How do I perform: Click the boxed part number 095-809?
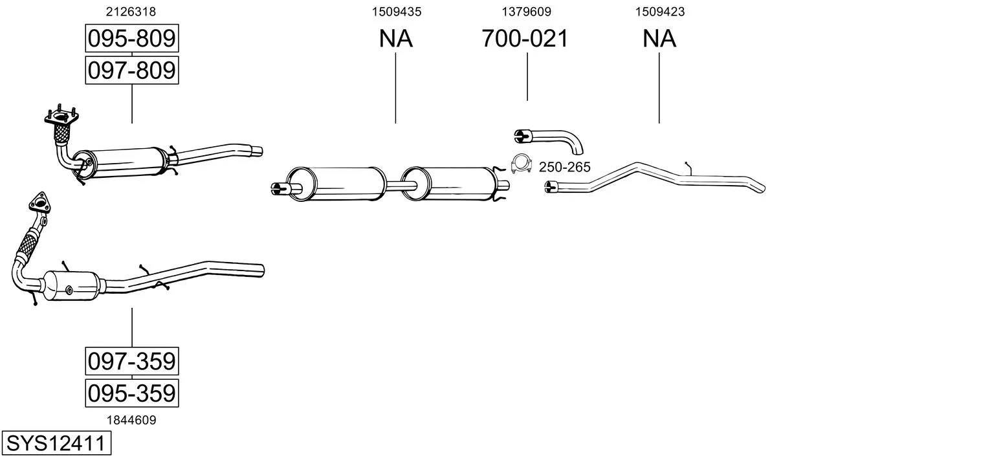coord(132,38)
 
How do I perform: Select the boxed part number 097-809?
coord(132,71)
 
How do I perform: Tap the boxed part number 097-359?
coord(132,361)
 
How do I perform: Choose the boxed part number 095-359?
coord(132,393)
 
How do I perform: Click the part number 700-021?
coord(525,38)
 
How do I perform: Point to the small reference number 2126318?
coord(131,12)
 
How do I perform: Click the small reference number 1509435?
coord(397,12)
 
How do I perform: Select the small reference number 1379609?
coord(526,12)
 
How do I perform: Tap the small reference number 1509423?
coord(660,12)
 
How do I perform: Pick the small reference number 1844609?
coord(131,421)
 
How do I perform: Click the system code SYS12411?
coord(56,443)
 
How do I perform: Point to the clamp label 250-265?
coord(564,167)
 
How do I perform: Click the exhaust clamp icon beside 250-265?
coord(522,164)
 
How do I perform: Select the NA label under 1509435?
coord(395,38)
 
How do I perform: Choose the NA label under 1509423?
coord(659,38)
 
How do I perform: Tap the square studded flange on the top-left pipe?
coord(61,117)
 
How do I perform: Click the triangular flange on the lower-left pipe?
coord(39,203)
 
